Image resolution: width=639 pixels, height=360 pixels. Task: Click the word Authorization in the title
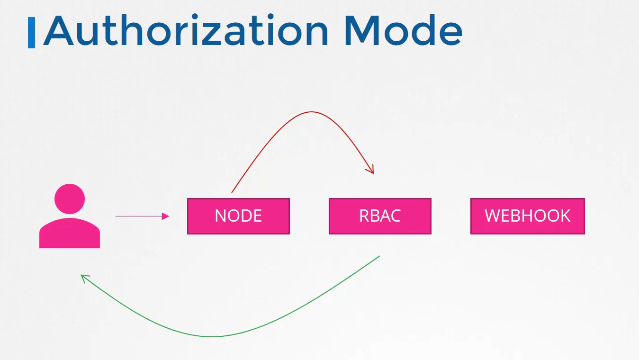pos(186,30)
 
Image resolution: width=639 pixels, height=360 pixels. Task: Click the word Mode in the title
pos(404,30)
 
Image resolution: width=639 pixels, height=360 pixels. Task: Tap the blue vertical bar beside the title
pos(31,33)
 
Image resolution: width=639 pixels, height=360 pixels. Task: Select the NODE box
pos(238,216)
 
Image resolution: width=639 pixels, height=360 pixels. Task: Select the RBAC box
pos(380,216)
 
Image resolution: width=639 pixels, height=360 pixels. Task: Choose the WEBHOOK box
pos(528,216)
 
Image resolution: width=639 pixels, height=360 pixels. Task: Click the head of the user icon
pos(70,199)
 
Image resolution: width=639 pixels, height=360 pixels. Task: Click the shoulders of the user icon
pos(70,233)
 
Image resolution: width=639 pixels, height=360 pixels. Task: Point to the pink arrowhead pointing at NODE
pos(165,216)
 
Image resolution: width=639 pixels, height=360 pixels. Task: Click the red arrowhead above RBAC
pos(370,170)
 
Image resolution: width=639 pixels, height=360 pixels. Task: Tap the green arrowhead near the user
pos(85,279)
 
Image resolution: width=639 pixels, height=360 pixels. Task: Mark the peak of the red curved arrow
pos(311,112)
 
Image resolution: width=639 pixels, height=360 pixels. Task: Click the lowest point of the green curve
pos(212,337)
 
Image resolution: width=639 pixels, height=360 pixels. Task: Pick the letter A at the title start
pos(58,30)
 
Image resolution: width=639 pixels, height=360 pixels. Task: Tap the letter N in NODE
pos(220,216)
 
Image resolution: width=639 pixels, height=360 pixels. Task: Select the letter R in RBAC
pos(364,216)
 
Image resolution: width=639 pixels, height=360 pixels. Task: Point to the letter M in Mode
pos(362,30)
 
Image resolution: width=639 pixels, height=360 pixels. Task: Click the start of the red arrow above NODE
pos(232,192)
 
